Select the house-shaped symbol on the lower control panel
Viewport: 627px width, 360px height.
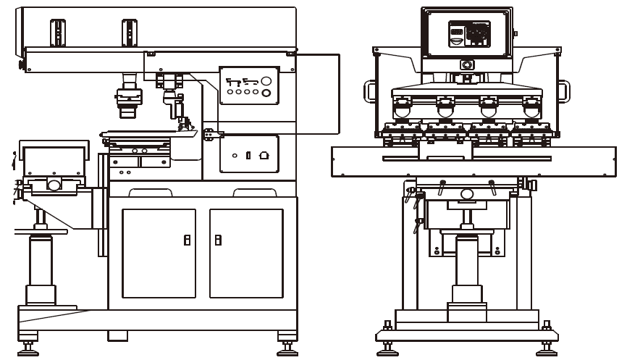[264, 155]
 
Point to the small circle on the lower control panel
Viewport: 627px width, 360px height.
[235, 156]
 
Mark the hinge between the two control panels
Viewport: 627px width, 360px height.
[209, 133]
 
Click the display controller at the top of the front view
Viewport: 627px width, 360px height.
[467, 33]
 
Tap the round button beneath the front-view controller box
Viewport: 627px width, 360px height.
[467, 65]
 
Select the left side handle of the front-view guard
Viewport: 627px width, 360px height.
[369, 90]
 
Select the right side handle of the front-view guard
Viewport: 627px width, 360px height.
[565, 90]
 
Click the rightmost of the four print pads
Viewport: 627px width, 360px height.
[531, 111]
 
